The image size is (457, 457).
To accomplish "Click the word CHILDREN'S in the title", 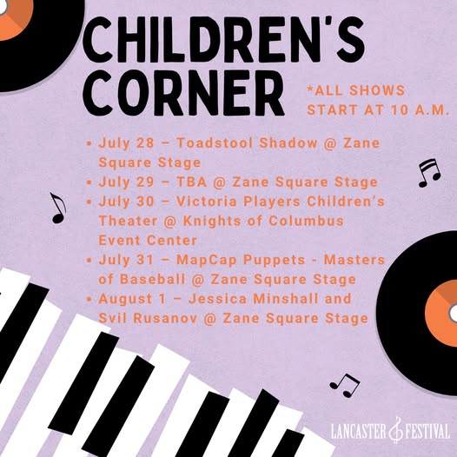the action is tap(223, 39).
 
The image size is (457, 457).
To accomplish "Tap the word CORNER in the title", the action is tap(183, 93).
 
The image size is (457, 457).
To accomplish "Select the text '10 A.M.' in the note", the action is tap(420, 109).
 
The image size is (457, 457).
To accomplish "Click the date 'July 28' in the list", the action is tap(126, 143).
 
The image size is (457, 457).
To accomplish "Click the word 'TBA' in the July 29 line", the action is tap(192, 182).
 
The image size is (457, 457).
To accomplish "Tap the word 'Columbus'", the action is tap(306, 221).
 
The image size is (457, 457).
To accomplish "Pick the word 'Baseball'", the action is tap(152, 279).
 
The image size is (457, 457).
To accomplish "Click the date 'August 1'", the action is tap(132, 300).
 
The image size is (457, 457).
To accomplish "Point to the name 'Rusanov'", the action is tap(165, 318).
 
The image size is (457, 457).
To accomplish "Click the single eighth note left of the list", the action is tap(58, 208).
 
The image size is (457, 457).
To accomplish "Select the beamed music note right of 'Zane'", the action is tap(429, 173).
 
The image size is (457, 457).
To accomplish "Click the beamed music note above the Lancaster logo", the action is tap(345, 385).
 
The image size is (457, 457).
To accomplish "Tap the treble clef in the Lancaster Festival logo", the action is tap(395, 430).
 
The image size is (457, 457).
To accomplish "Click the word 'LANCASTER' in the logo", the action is tap(359, 431).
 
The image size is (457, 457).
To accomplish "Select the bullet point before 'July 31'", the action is tap(89, 261).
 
